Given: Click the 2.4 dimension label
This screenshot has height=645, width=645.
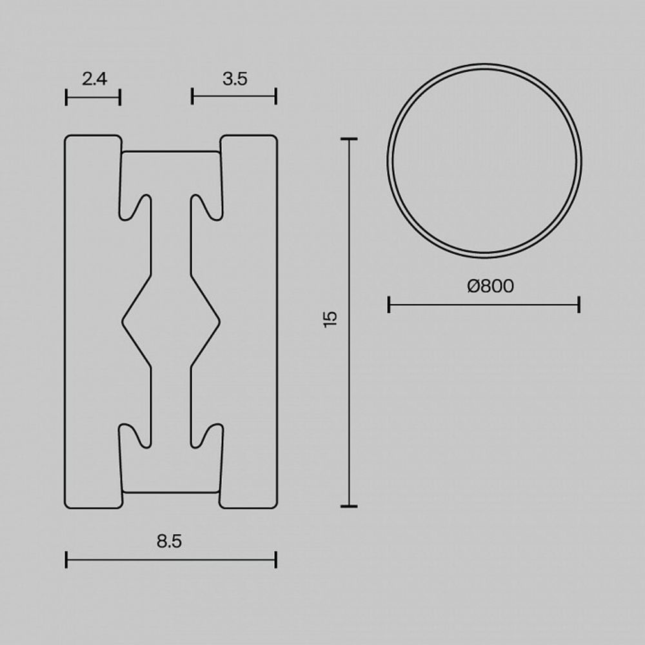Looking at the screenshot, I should point(94,79).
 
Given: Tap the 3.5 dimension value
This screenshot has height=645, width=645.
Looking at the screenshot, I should point(235,79).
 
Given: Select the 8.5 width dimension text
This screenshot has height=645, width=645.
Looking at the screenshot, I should point(169,541).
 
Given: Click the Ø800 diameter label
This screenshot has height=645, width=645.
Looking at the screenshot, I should point(491,286).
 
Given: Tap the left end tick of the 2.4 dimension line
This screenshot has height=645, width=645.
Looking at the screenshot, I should point(66,97).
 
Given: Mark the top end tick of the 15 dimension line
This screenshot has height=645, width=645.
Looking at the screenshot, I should point(349,139).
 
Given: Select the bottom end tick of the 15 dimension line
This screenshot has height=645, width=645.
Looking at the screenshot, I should point(349,506).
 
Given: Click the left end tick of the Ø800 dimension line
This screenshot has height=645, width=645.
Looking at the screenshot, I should point(389,304).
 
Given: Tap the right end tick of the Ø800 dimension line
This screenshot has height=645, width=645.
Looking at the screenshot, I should point(579,304).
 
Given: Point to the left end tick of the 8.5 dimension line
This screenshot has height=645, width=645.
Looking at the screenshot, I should point(66,559).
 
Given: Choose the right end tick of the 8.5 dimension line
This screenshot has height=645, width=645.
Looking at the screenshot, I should point(275,559).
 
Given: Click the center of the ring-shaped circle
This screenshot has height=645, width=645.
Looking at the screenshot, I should point(484,161).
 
